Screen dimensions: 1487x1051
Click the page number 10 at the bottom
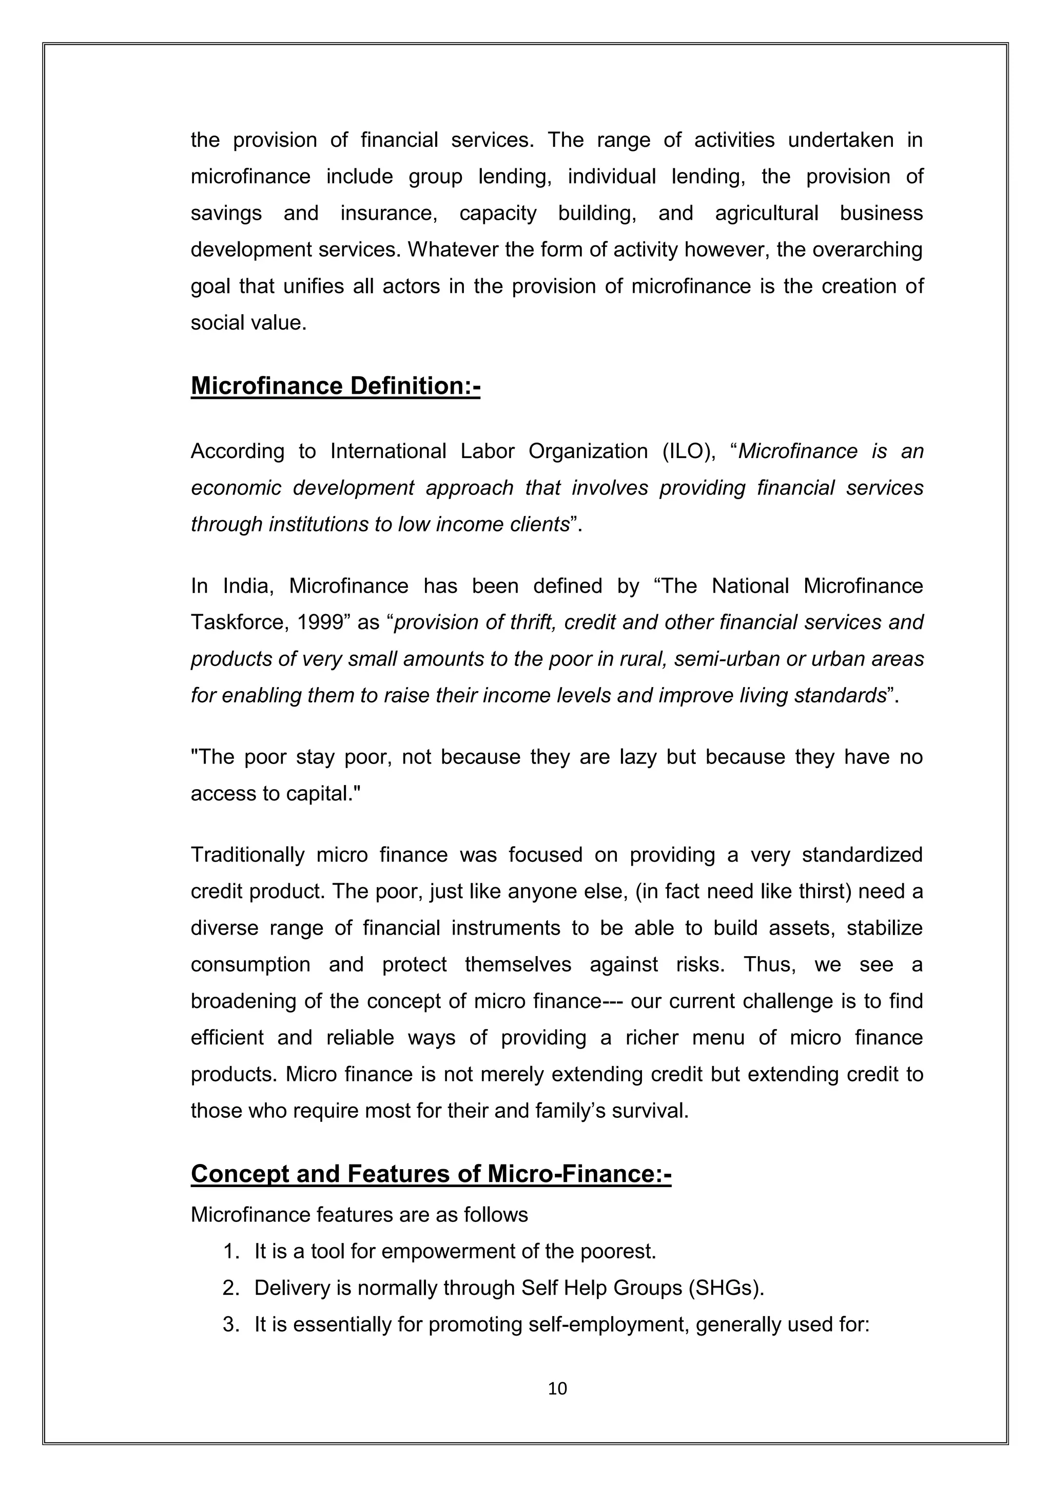(557, 1388)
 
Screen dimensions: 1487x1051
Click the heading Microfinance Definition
(335, 386)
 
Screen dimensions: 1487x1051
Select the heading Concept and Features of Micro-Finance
(431, 1174)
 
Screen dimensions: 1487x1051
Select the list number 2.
(230, 1288)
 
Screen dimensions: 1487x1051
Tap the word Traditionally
(247, 855)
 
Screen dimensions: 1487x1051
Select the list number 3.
(230, 1324)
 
